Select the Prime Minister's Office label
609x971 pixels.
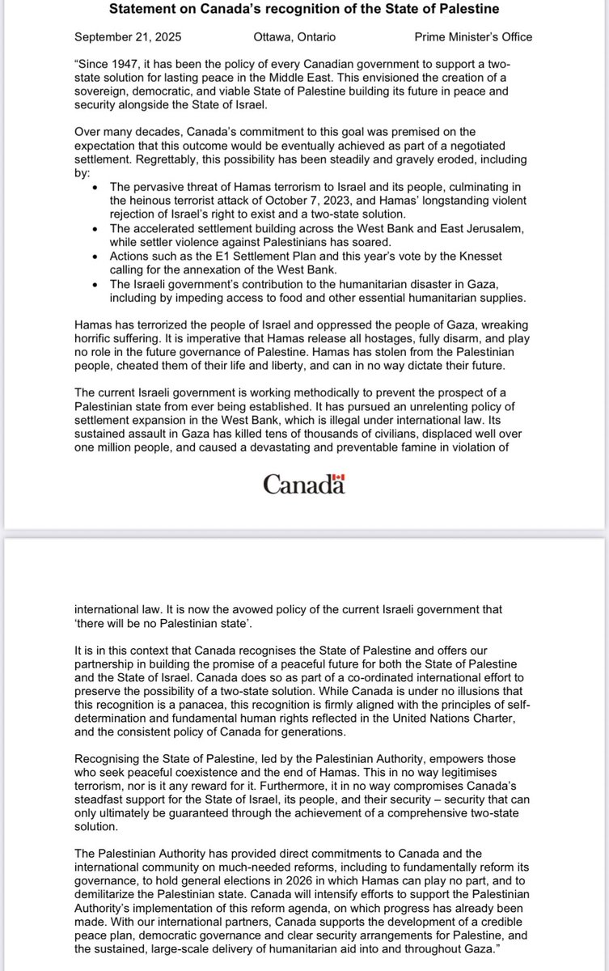click(473, 36)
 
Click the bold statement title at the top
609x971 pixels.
click(304, 9)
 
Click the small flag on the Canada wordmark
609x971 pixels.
click(340, 477)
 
